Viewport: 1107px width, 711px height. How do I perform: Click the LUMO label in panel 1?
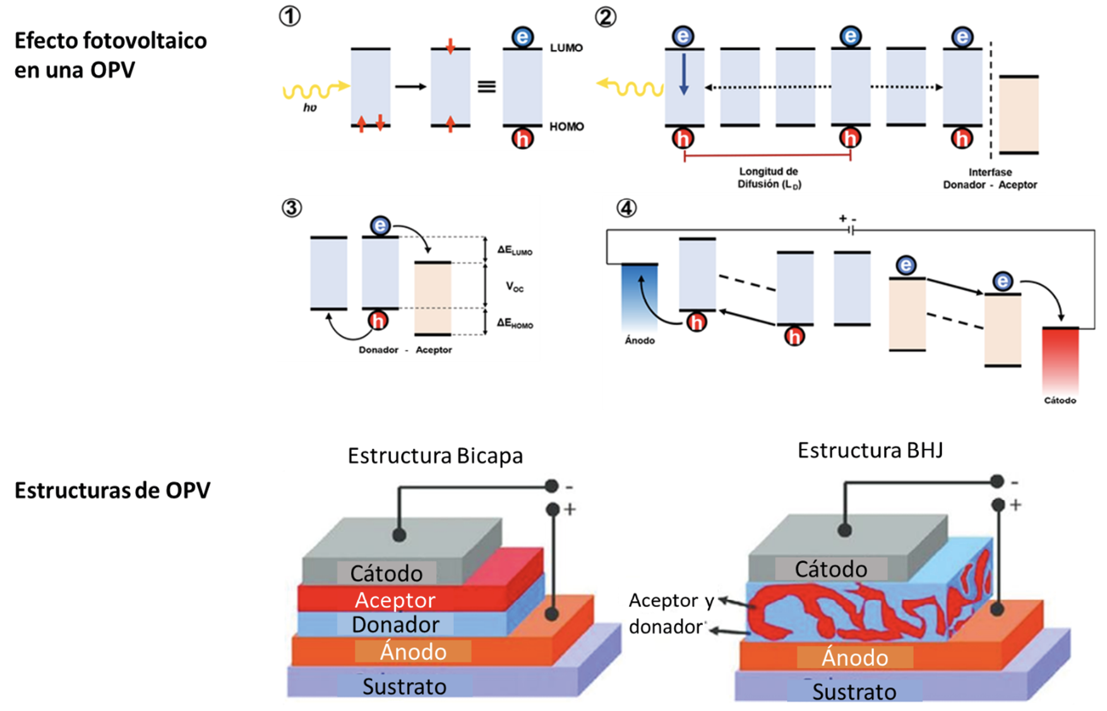pyautogui.click(x=566, y=48)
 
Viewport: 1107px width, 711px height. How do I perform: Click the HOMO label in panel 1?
pyautogui.click(x=566, y=126)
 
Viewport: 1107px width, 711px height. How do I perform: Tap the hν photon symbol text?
pyautogui.click(x=309, y=108)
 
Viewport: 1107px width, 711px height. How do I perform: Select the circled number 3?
pyautogui.click(x=291, y=207)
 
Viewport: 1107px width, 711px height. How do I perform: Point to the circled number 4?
pyautogui.click(x=626, y=207)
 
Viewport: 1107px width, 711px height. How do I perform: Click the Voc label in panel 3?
pyautogui.click(x=515, y=287)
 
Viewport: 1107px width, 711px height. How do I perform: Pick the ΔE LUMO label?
pyautogui.click(x=514, y=250)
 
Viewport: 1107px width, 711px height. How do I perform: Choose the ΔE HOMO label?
pyautogui.click(x=514, y=324)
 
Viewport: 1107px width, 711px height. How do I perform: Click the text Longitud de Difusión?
pyautogui.click(x=769, y=178)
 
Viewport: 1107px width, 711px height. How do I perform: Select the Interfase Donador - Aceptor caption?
pyautogui.click(x=990, y=178)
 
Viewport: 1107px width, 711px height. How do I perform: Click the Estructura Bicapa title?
pyautogui.click(x=435, y=456)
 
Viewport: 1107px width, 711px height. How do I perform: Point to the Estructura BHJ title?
pyautogui.click(x=870, y=451)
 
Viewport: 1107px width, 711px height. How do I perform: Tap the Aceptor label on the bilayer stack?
pyautogui.click(x=395, y=600)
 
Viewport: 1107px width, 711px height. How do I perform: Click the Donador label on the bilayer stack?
pyautogui.click(x=395, y=624)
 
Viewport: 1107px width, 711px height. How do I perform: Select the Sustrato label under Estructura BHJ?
pyautogui.click(x=854, y=692)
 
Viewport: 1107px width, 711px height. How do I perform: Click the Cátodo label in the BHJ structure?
pyautogui.click(x=830, y=569)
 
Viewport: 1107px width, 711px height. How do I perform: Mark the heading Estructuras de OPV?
pyautogui.click(x=112, y=490)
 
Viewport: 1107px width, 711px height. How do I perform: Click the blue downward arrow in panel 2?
pyautogui.click(x=684, y=75)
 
